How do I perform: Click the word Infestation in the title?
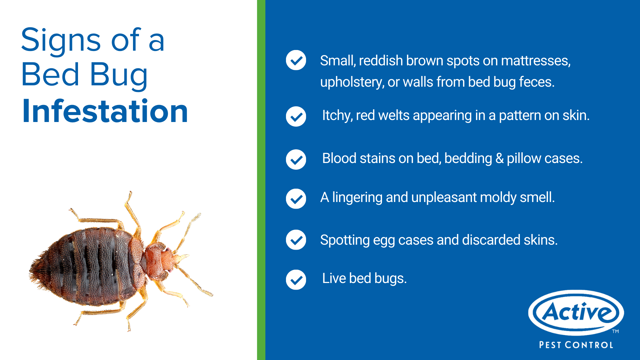[x=105, y=111]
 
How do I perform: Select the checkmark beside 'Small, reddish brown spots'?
[x=296, y=60]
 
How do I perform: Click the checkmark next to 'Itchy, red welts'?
[x=296, y=116]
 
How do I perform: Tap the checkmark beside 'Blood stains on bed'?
[x=296, y=159]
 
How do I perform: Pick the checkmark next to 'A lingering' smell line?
[x=296, y=199]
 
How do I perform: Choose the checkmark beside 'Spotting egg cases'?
[x=296, y=240]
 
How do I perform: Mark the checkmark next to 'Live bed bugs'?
[x=296, y=280]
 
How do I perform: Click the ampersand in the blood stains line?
[x=499, y=159]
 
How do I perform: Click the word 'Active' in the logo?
[x=576, y=312]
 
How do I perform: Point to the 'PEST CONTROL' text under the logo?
[x=576, y=345]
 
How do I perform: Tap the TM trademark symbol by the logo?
[x=615, y=331]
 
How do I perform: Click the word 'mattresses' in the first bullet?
[x=536, y=61]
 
